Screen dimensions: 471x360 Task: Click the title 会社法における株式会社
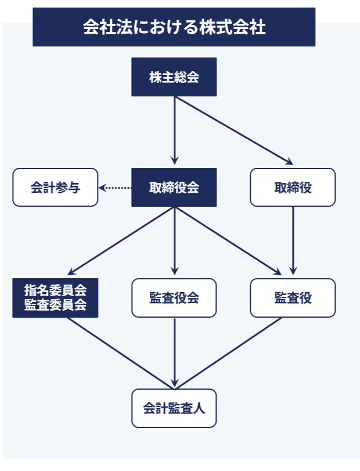coord(174,27)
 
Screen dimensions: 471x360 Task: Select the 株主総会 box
coord(174,77)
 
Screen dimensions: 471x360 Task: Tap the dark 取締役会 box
coord(174,188)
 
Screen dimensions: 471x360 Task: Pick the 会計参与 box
coord(55,188)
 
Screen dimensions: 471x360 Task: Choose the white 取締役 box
coord(293,188)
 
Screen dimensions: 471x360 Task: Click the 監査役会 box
coord(174,298)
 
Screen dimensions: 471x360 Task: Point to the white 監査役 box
coord(293,298)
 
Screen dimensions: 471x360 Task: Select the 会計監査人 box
coord(174,408)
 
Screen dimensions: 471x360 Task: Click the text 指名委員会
coord(55,290)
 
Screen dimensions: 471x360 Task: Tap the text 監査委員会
coord(55,305)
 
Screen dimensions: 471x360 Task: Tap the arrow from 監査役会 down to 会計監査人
coord(175,351)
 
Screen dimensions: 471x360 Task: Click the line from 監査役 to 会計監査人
coord(229,353)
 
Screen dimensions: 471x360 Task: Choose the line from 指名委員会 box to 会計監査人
coord(119,353)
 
